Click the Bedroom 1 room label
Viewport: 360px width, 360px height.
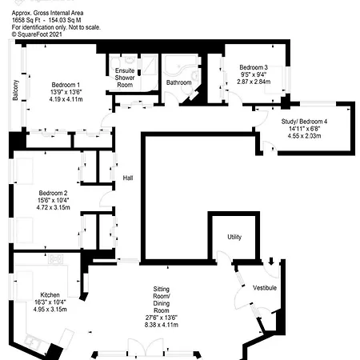point(66,85)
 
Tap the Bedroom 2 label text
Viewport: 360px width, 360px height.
point(53,192)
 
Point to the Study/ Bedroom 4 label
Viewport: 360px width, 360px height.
point(304,121)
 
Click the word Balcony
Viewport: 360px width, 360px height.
point(16,88)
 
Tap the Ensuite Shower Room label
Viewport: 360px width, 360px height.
point(125,71)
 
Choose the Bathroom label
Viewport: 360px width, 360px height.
point(178,82)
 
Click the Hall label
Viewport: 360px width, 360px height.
point(127,178)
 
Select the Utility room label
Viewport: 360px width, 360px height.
point(234,237)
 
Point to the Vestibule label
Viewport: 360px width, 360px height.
point(264,287)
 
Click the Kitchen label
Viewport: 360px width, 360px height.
point(50,295)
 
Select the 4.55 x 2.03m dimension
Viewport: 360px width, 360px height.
point(304,136)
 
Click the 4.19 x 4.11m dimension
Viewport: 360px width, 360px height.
point(66,100)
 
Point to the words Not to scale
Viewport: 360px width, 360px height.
point(85,27)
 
